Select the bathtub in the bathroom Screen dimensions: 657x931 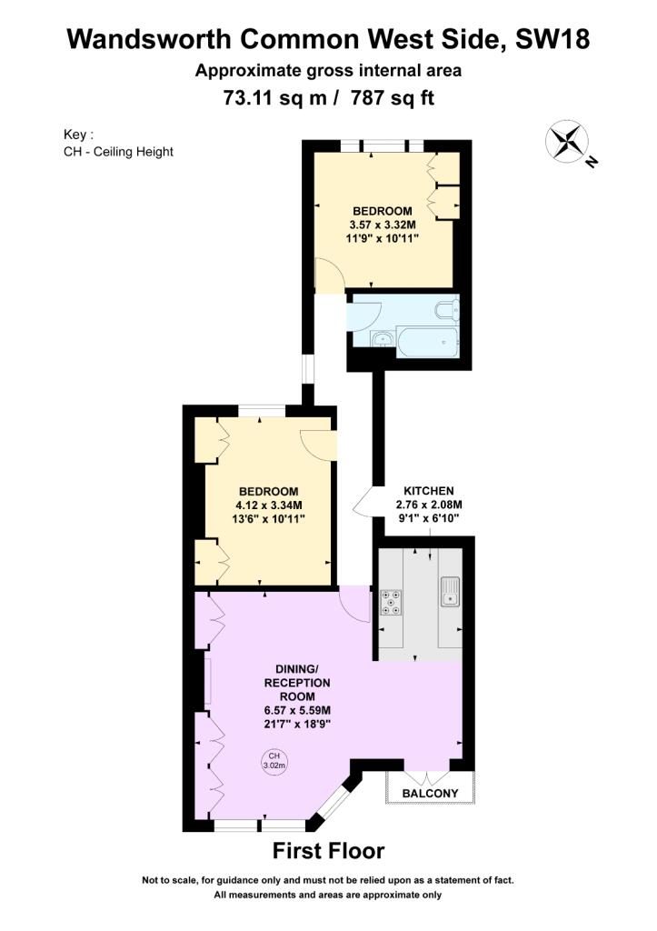tap(427, 342)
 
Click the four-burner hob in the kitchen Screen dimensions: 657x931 tap(391, 602)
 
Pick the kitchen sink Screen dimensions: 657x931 tap(450, 592)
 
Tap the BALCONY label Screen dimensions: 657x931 tap(431, 793)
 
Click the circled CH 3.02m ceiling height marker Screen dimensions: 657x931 tap(274, 761)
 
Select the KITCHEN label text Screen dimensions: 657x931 tap(429, 491)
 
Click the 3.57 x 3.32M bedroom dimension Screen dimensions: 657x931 tap(383, 225)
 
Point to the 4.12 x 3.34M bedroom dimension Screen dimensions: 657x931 tap(268, 506)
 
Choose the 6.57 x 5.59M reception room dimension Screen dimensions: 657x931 tap(297, 710)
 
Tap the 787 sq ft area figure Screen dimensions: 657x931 tap(393, 96)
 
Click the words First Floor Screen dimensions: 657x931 tap(328, 851)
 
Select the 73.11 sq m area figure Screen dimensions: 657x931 tap(274, 96)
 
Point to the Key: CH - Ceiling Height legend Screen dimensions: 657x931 tap(118, 143)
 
